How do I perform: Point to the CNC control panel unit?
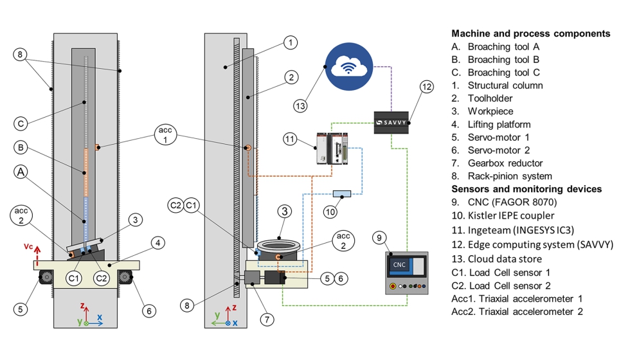coord(406,273)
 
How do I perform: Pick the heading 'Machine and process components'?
coord(531,33)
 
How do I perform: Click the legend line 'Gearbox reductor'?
coord(505,163)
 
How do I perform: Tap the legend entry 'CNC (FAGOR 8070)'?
coord(510,203)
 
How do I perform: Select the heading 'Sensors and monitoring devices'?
coord(526,189)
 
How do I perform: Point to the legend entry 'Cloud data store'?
coord(506,258)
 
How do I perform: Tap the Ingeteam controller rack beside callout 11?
coord(332,149)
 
